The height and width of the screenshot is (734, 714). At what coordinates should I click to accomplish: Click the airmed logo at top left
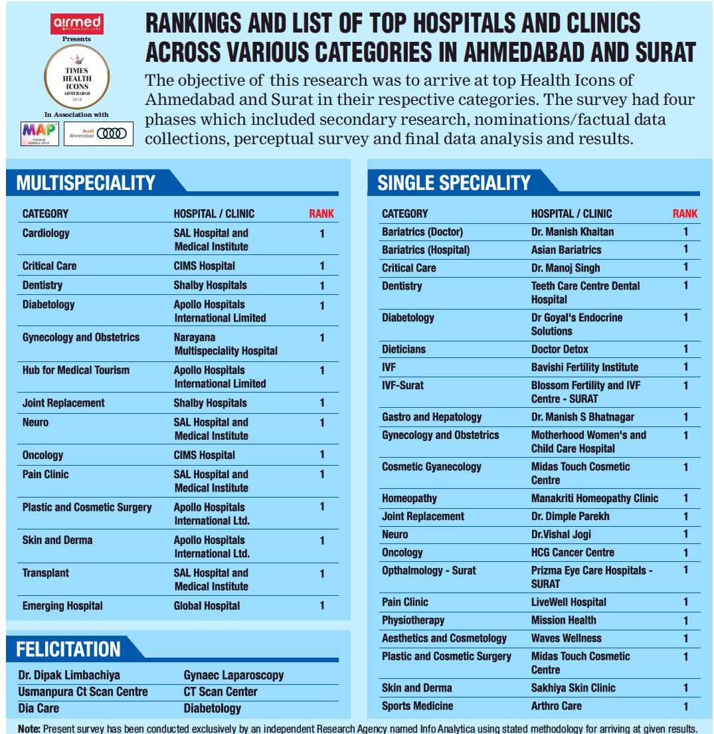(77, 24)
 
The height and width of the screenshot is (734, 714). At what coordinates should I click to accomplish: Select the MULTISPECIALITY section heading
(86, 183)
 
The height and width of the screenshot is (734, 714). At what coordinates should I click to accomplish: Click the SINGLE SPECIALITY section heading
(454, 183)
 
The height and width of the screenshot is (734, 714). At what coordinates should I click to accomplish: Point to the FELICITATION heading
(68, 649)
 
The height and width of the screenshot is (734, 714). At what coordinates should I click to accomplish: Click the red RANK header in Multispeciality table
(321, 214)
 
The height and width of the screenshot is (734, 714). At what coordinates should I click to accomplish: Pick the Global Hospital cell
(207, 606)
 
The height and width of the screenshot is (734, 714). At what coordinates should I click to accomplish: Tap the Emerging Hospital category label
(62, 606)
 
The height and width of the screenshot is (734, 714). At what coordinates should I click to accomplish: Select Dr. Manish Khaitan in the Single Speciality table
(572, 232)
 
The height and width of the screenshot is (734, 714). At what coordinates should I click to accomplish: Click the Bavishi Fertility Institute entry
(584, 367)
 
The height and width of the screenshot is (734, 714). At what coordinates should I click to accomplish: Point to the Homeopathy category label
(409, 498)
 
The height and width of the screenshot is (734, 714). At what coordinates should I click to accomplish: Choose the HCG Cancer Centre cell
(573, 553)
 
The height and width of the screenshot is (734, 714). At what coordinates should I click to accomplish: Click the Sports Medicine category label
(417, 706)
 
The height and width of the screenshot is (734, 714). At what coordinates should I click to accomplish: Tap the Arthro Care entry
(556, 706)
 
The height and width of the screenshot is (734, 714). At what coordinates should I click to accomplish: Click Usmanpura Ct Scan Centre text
(83, 691)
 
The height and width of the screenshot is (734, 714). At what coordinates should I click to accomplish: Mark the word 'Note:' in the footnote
(29, 729)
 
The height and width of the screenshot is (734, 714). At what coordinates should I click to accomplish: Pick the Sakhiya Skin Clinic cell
(573, 688)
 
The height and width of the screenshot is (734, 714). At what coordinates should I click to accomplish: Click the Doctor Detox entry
(560, 349)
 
